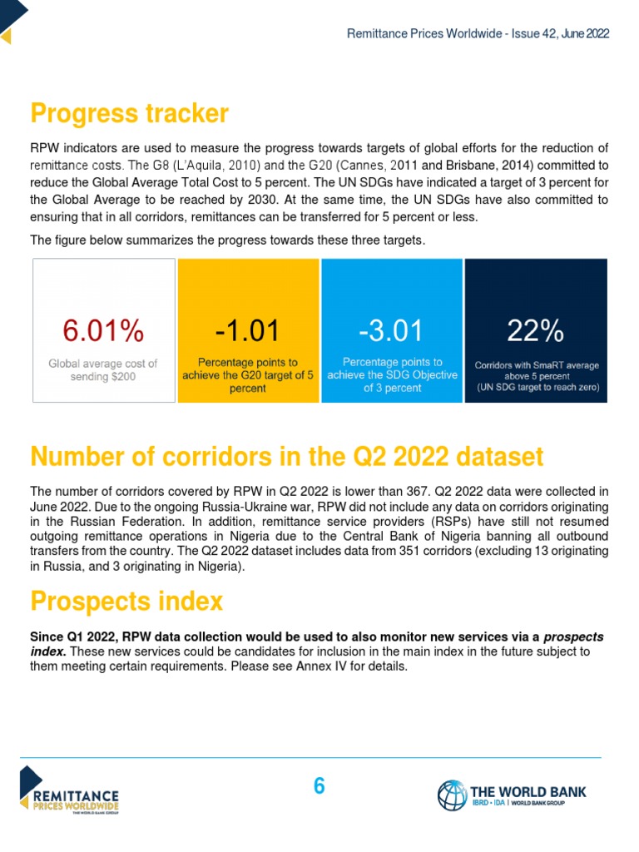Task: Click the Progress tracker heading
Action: click(129, 113)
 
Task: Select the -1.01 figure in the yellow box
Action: click(248, 330)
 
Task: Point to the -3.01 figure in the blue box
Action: click(391, 330)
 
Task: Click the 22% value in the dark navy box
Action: click(536, 330)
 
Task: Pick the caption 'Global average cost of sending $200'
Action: click(103, 370)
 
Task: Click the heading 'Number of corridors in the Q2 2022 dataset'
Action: click(286, 457)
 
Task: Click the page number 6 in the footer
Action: click(319, 785)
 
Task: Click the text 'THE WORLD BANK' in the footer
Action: click(528, 790)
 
